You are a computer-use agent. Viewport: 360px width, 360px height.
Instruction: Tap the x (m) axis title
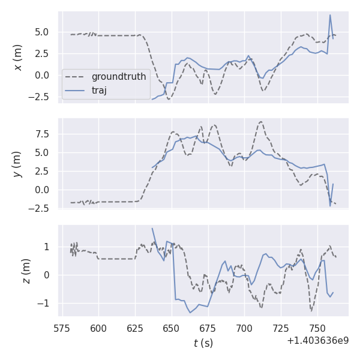point(18,57)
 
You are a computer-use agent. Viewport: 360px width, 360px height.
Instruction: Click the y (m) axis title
point(18,163)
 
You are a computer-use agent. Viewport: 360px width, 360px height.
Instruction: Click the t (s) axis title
point(203,343)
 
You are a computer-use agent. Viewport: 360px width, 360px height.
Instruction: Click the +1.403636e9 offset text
point(317,341)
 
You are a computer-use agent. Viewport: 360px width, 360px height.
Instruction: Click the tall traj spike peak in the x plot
point(330,15)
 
